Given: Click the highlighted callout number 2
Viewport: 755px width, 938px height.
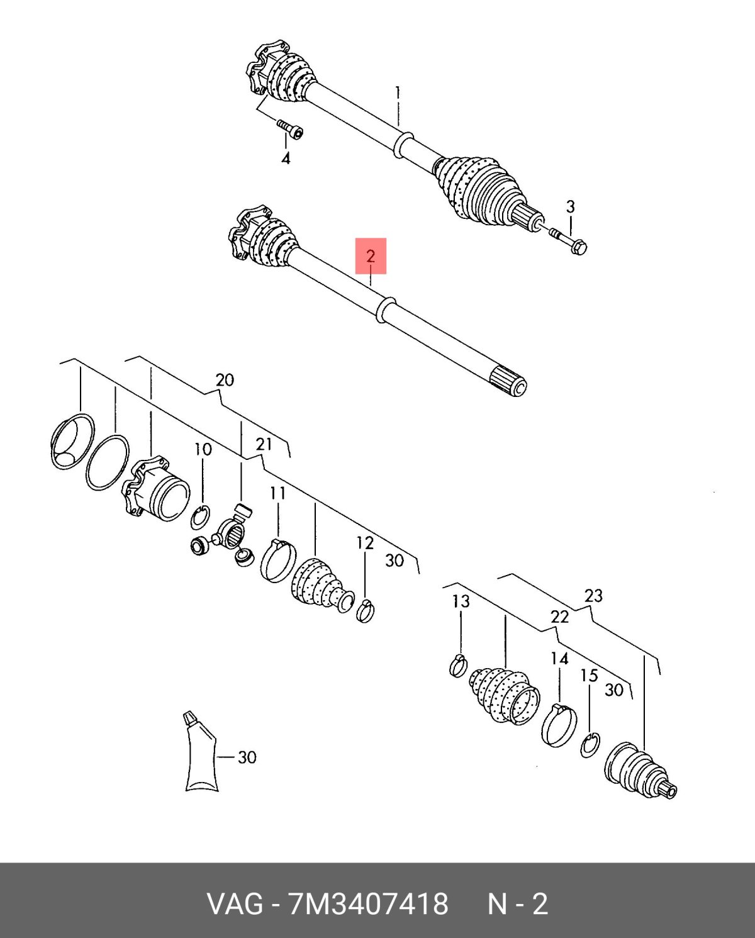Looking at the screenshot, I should click(x=371, y=256).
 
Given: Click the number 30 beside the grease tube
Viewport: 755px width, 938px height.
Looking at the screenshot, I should click(x=247, y=757).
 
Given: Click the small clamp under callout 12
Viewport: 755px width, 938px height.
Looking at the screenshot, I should click(x=366, y=610).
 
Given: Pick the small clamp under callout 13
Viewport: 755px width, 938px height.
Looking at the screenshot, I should click(x=459, y=665).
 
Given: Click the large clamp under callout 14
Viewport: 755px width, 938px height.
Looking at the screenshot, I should click(x=558, y=725).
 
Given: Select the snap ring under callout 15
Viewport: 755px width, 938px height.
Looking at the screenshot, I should click(x=590, y=745).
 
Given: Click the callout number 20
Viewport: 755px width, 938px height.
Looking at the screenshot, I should click(x=225, y=380).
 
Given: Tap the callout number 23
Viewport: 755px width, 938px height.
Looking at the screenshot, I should click(x=593, y=595).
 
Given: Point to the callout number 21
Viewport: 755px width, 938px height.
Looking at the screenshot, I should click(x=264, y=444).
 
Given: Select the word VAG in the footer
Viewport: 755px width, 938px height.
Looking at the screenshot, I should click(x=235, y=905).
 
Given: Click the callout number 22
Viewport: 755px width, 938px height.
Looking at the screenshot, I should click(x=559, y=617).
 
